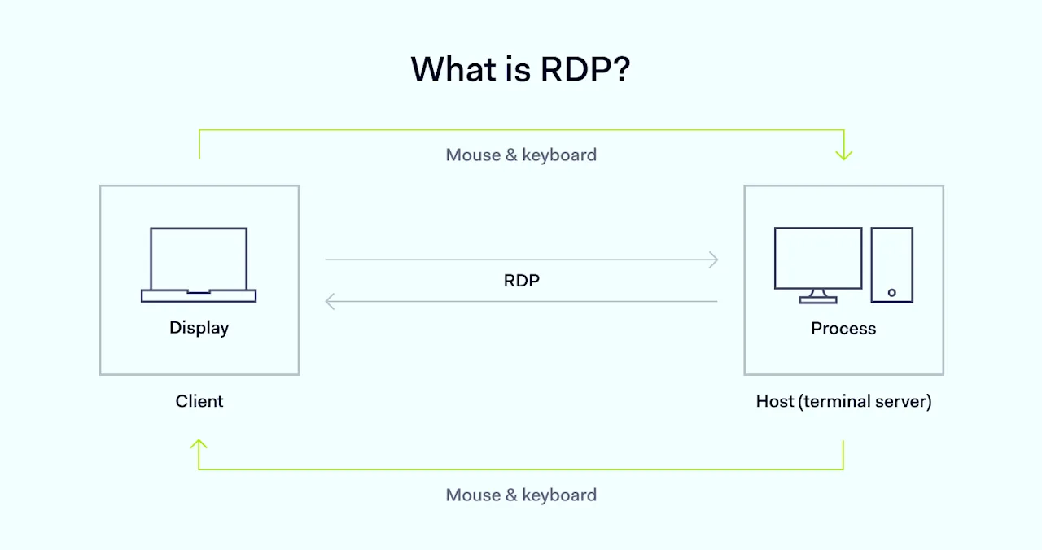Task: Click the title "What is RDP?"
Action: pos(520,69)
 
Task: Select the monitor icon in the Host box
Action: pos(817,260)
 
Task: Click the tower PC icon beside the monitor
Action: pos(891,264)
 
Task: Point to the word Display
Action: pos(199,328)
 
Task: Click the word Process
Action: pos(843,329)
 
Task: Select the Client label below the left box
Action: pos(199,401)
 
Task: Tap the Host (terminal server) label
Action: pos(843,401)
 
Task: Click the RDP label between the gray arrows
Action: pos(521,281)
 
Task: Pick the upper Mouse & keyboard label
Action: pos(521,155)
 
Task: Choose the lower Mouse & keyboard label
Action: pos(521,495)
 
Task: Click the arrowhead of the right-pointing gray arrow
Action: pos(714,260)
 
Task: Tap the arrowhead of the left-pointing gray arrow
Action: pos(330,302)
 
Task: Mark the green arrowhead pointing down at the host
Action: pos(843,155)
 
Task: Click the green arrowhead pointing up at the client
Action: pos(199,444)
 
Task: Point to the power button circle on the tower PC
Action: pos(891,292)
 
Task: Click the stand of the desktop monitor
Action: pos(817,296)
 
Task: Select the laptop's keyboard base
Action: pos(199,296)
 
